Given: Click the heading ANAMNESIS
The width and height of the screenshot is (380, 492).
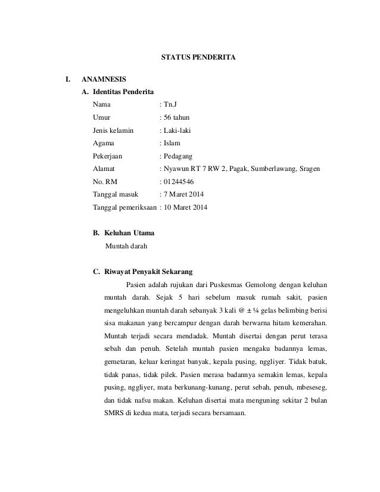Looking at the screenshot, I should [103, 79].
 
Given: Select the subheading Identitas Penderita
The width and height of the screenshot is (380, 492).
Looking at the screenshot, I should [123, 92].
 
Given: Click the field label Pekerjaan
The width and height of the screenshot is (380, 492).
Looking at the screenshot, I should [110, 156].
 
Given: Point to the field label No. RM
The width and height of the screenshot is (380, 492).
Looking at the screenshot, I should [106, 182].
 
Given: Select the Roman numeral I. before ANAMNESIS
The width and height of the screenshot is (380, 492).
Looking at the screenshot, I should [68, 79].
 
